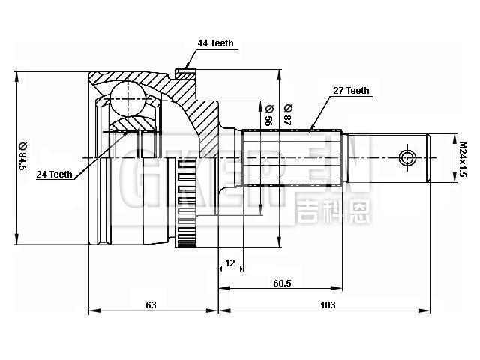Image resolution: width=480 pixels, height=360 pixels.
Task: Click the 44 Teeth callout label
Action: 215,44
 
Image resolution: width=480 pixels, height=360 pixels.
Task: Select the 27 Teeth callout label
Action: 351,91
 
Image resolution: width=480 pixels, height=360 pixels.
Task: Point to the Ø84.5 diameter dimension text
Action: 23,157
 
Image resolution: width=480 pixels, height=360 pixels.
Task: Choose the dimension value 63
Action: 151,304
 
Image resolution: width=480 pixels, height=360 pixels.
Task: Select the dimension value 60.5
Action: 281,283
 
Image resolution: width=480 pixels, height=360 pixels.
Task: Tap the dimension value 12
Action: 229,262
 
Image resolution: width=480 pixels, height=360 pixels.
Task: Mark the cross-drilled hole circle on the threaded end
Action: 406,158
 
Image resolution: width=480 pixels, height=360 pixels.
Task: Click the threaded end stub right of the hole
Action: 439,158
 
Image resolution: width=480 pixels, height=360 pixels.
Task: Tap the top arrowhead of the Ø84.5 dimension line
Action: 16,76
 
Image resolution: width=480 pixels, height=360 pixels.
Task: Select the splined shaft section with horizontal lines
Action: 292,158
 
